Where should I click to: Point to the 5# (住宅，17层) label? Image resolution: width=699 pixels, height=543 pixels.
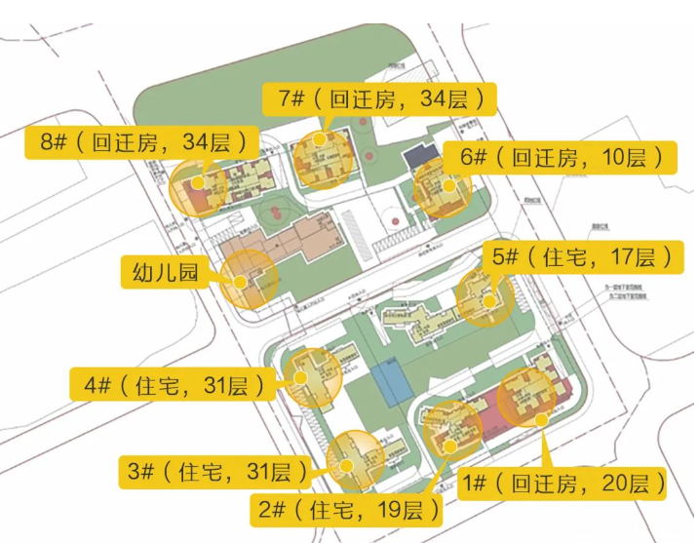coord(581,258)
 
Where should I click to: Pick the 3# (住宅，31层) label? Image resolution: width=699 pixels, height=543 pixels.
coord(214,473)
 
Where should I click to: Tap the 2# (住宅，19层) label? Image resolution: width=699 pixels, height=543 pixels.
coord(346,509)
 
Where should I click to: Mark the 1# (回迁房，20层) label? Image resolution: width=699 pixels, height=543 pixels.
coord(563,483)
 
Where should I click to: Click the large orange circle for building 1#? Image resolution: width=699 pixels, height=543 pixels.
coord(526,401)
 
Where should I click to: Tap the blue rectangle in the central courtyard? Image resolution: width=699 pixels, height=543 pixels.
coord(388,387)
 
